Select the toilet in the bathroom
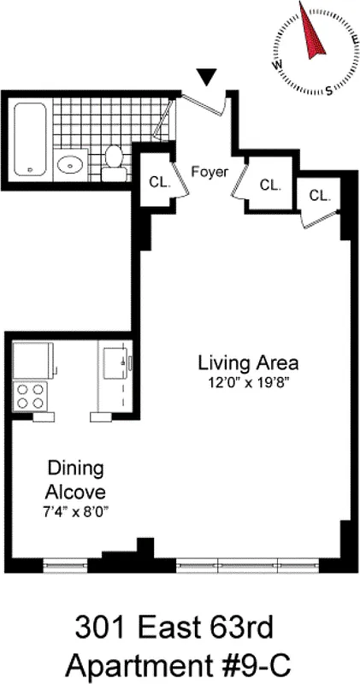click(114, 162)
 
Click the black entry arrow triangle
click(205, 78)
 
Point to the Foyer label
click(210, 171)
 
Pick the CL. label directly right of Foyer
click(270, 185)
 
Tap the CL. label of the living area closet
click(319, 196)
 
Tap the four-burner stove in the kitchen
click(32, 395)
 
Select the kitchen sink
click(115, 364)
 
